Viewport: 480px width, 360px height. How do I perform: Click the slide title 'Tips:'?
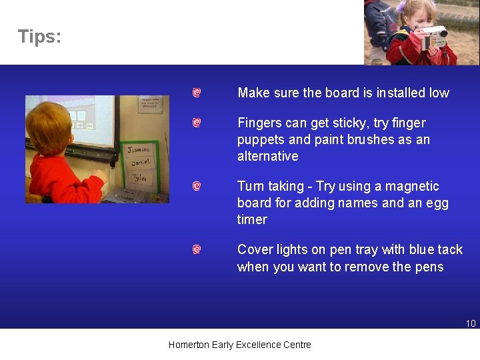[39, 37]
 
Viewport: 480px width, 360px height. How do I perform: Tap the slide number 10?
[471, 323]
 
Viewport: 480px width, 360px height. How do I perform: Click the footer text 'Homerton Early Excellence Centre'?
[239, 345]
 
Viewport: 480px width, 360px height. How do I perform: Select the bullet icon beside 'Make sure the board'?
[197, 93]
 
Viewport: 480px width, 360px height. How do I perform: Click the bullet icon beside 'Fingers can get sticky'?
[197, 123]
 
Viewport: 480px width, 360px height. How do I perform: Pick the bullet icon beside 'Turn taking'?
[197, 187]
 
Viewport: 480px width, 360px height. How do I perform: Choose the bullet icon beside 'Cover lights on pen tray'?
[197, 250]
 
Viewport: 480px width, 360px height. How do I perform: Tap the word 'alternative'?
[267, 157]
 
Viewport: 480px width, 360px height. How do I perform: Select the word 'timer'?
[252, 220]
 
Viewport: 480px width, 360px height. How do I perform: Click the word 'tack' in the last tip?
[450, 250]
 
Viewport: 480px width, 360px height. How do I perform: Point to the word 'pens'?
[430, 267]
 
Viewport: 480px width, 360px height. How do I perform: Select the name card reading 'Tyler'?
[140, 179]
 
